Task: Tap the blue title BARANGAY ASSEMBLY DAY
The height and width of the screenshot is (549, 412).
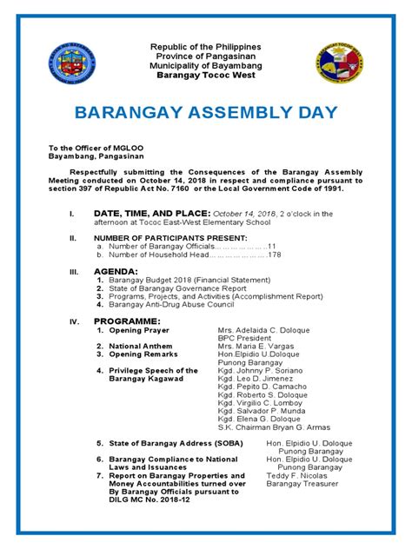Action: coord(205,114)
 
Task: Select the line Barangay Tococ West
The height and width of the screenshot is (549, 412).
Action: coord(206,76)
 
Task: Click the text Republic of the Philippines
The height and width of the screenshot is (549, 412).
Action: coord(206,46)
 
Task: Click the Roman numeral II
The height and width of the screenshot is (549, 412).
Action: coord(73,237)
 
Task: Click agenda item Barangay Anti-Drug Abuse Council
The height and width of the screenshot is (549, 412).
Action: coord(174,305)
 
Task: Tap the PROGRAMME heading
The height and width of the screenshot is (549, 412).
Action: coord(127,321)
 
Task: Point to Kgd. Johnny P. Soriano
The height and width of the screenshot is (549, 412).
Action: coord(256,370)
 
